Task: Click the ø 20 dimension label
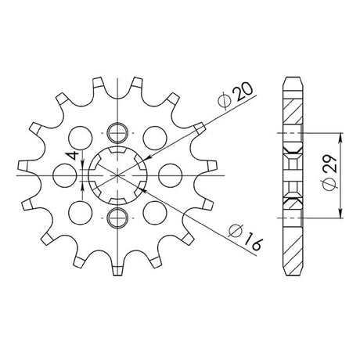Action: point(235,95)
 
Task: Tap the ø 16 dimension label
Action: point(245,237)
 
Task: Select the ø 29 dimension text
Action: point(329,173)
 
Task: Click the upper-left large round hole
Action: point(81,138)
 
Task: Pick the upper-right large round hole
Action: point(155,138)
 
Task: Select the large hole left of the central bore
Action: point(65,175)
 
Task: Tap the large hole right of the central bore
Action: point(171,175)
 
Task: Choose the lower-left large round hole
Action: point(81,213)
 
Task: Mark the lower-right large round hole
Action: point(155,213)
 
